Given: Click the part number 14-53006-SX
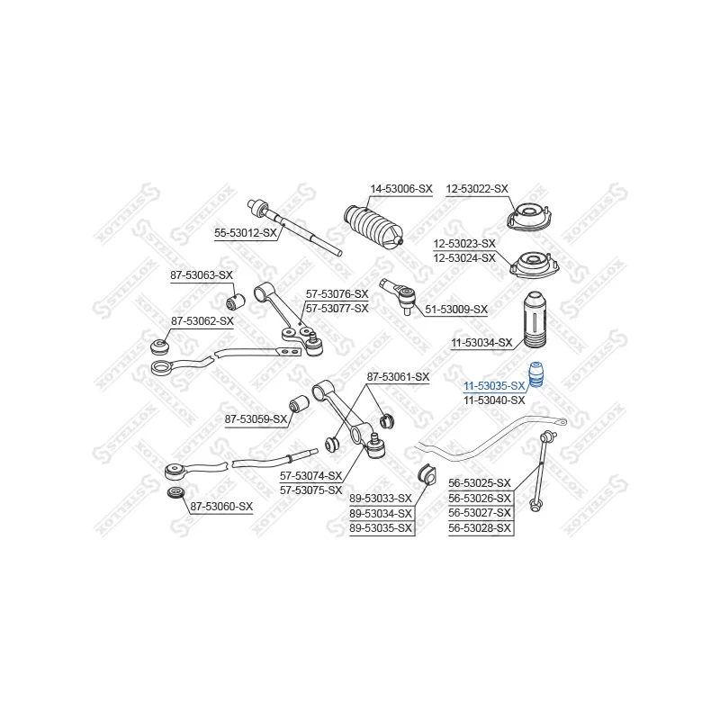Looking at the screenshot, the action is (x=401, y=189).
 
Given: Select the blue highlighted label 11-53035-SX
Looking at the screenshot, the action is (x=494, y=386).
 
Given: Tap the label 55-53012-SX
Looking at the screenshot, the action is (x=246, y=233).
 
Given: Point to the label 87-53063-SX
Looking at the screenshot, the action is (x=202, y=275).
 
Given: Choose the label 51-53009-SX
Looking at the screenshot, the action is (x=456, y=310).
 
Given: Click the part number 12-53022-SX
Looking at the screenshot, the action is (x=477, y=189).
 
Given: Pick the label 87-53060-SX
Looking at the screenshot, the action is (x=221, y=507).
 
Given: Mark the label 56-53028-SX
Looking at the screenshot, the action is (x=480, y=528).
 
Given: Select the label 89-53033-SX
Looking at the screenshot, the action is (x=381, y=499).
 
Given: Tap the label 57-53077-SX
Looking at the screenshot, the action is (x=337, y=308).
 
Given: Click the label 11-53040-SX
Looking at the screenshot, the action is (x=494, y=400).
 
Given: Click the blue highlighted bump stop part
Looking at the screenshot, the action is (x=535, y=375).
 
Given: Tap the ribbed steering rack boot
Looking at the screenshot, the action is (x=373, y=228).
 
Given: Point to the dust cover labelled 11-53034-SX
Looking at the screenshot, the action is (x=535, y=320).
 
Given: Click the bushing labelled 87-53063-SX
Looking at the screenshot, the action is (x=236, y=301).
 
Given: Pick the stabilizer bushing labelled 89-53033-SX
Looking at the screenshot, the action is (x=427, y=475).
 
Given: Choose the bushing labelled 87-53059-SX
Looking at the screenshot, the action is (x=299, y=404).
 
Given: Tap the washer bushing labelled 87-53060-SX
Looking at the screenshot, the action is (x=175, y=493).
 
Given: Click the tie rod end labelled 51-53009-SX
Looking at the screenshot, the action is (x=400, y=294).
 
